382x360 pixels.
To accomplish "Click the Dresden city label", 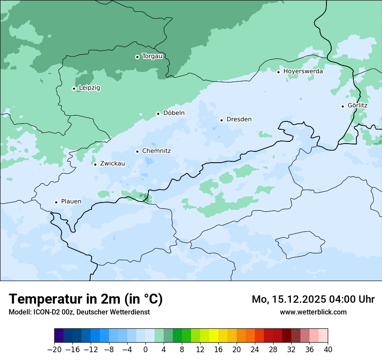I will pyautogui.click(x=239, y=119).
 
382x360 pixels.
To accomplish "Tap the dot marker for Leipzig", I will pyautogui.click(x=74, y=88).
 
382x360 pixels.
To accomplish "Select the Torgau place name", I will pyautogui.click(x=152, y=56).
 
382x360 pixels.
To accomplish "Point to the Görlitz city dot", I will pyautogui.click(x=342, y=106).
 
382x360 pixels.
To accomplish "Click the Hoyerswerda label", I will pyautogui.click(x=303, y=71).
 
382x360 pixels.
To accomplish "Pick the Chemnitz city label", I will pyautogui.click(x=156, y=151).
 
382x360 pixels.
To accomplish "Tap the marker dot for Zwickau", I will pyautogui.click(x=95, y=164).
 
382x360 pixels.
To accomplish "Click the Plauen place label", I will pyautogui.click(x=71, y=201).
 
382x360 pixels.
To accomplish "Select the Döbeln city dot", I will pyautogui.click(x=158, y=114).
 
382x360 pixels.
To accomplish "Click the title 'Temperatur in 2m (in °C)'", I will pyautogui.click(x=86, y=299).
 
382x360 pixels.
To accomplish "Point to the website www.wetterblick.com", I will pyautogui.click(x=313, y=312).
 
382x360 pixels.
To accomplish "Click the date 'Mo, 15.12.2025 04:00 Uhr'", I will pyautogui.click(x=313, y=299).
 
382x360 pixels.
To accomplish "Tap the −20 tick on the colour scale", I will pyautogui.click(x=55, y=350).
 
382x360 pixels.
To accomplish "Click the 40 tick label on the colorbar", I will pyautogui.click(x=328, y=350).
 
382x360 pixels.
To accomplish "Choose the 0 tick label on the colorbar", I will pyautogui.click(x=145, y=350).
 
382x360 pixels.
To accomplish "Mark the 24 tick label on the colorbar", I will pyautogui.click(x=255, y=350).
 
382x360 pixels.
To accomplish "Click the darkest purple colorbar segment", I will pyautogui.click(x=59, y=336).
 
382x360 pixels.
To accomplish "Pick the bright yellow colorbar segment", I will pyautogui.click(x=214, y=336).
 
